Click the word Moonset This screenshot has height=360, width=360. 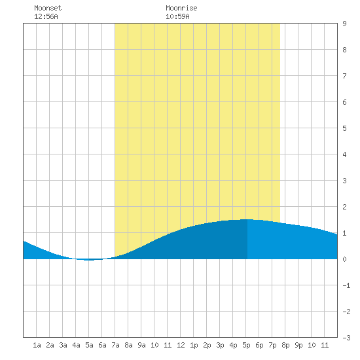click(48, 8)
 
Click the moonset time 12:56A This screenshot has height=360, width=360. click(46, 16)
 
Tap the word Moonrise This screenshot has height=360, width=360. click(181, 8)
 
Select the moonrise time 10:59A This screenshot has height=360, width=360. click(177, 16)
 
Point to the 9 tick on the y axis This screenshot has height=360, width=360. click(344, 24)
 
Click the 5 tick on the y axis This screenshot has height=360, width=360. click(344, 128)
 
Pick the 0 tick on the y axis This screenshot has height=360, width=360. click(344, 259)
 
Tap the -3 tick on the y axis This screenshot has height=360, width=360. click(346, 338)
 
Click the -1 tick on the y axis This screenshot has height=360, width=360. click(346, 285)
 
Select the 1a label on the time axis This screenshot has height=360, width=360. click(37, 345)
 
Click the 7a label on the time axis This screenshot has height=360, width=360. click(115, 345)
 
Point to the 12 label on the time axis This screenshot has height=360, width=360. click(181, 345)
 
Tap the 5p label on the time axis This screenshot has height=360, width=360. click(246, 345)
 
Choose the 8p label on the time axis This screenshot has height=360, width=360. click(285, 345)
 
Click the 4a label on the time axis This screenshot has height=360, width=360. click(76, 345)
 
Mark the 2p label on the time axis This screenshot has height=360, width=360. click(207, 345)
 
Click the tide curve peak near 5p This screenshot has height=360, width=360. click(247, 219)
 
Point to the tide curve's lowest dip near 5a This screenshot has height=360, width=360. click(89, 260)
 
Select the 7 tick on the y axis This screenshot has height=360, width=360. click(344, 76)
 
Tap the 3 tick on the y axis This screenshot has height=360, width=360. click(344, 181)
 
